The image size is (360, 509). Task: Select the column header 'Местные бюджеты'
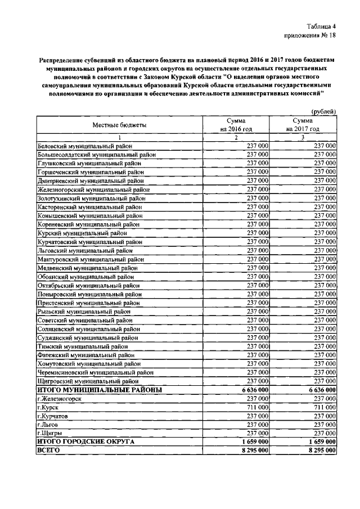tap(119, 124)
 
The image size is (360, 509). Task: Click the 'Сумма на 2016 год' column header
tap(236, 124)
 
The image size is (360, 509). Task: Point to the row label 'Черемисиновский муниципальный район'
tap(95, 372)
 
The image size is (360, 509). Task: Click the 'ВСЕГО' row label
tap(48, 451)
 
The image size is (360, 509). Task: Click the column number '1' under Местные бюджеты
tap(119, 137)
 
